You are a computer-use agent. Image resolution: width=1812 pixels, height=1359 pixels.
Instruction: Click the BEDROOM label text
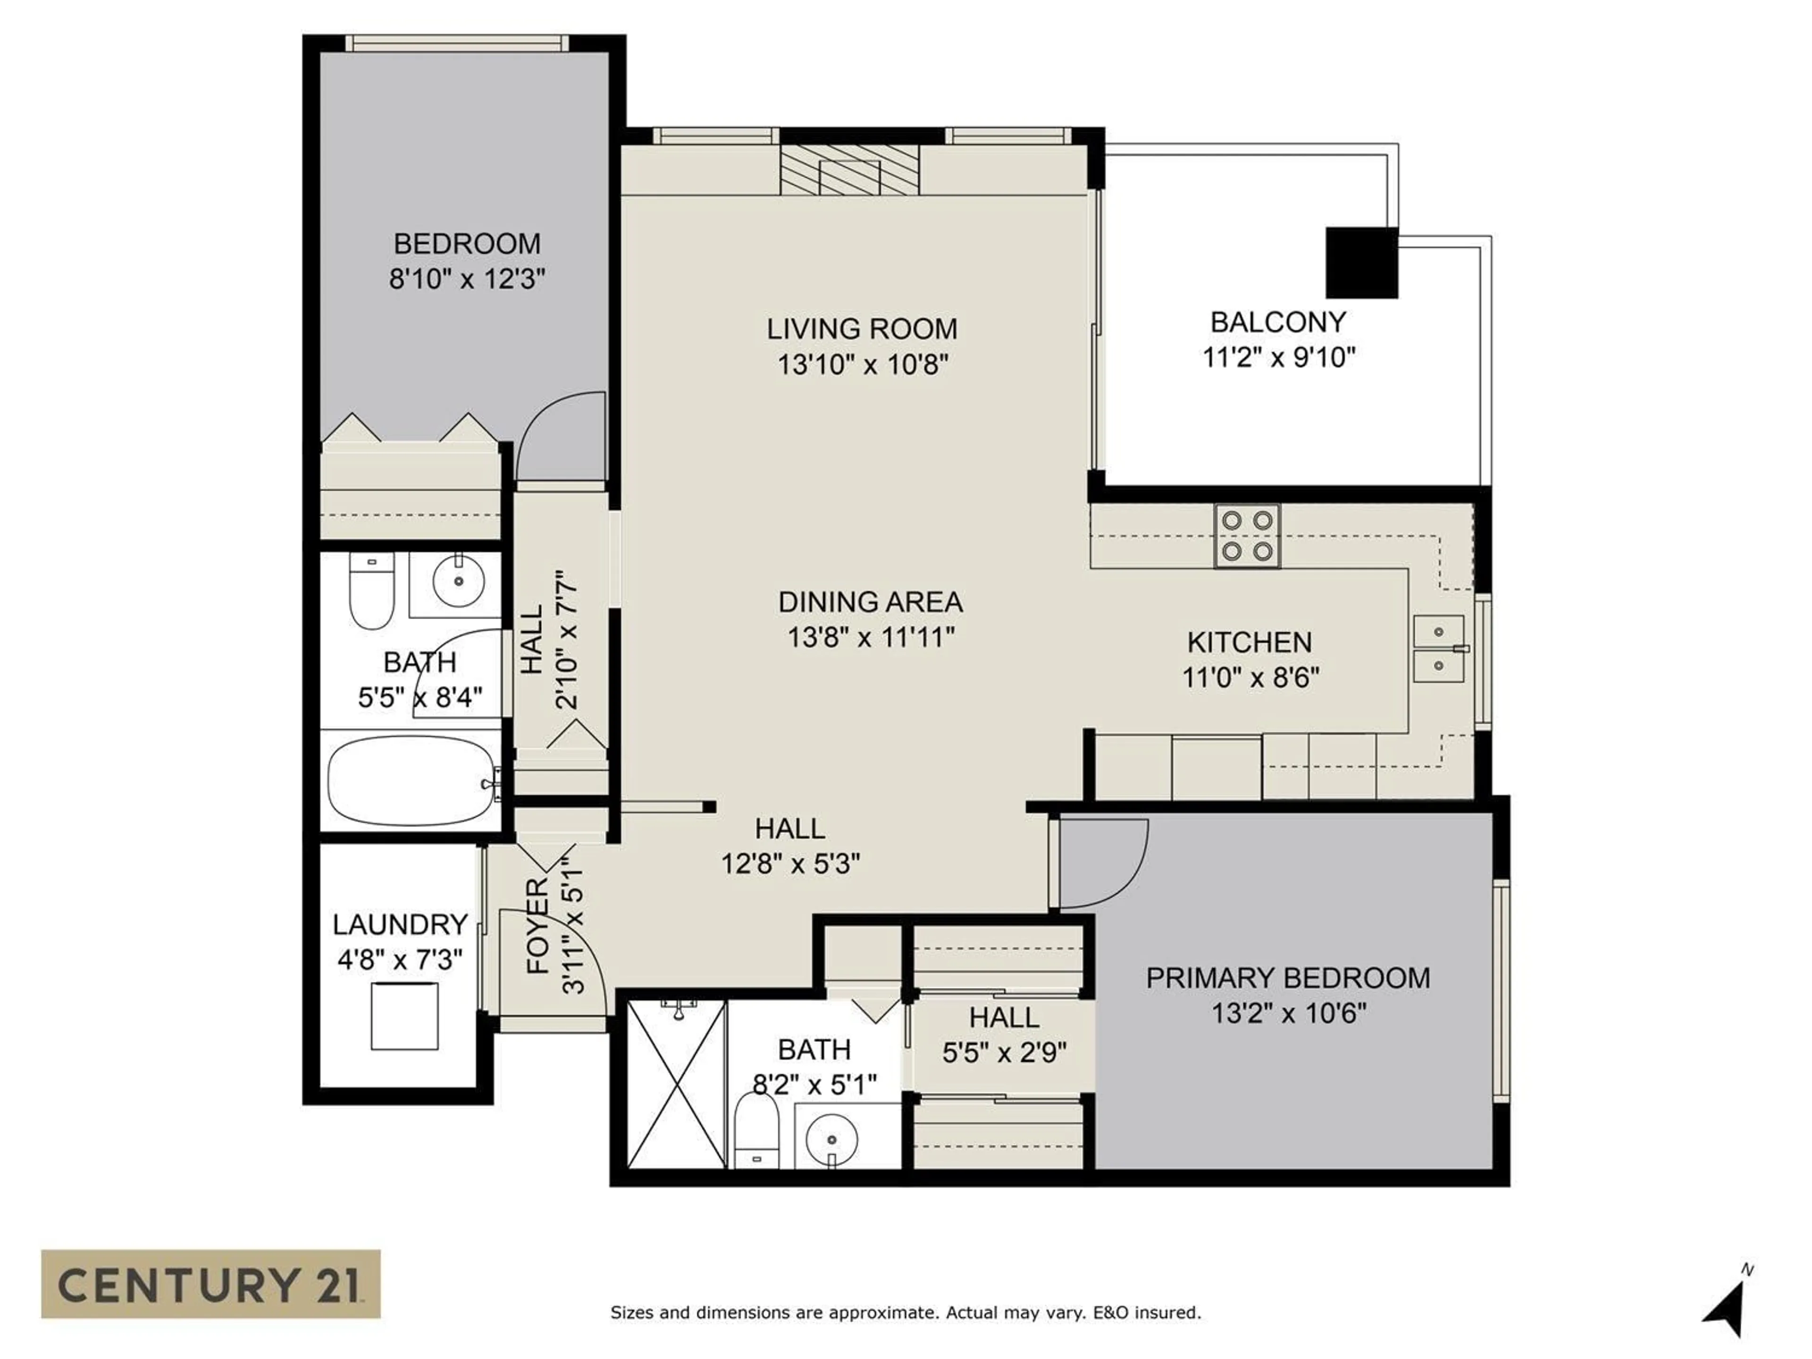[467, 243]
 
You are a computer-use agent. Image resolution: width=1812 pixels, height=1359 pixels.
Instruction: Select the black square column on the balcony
[1360, 262]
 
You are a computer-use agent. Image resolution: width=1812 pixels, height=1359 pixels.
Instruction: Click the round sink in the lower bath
[831, 1140]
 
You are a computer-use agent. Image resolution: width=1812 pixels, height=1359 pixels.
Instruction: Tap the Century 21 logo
[210, 1283]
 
